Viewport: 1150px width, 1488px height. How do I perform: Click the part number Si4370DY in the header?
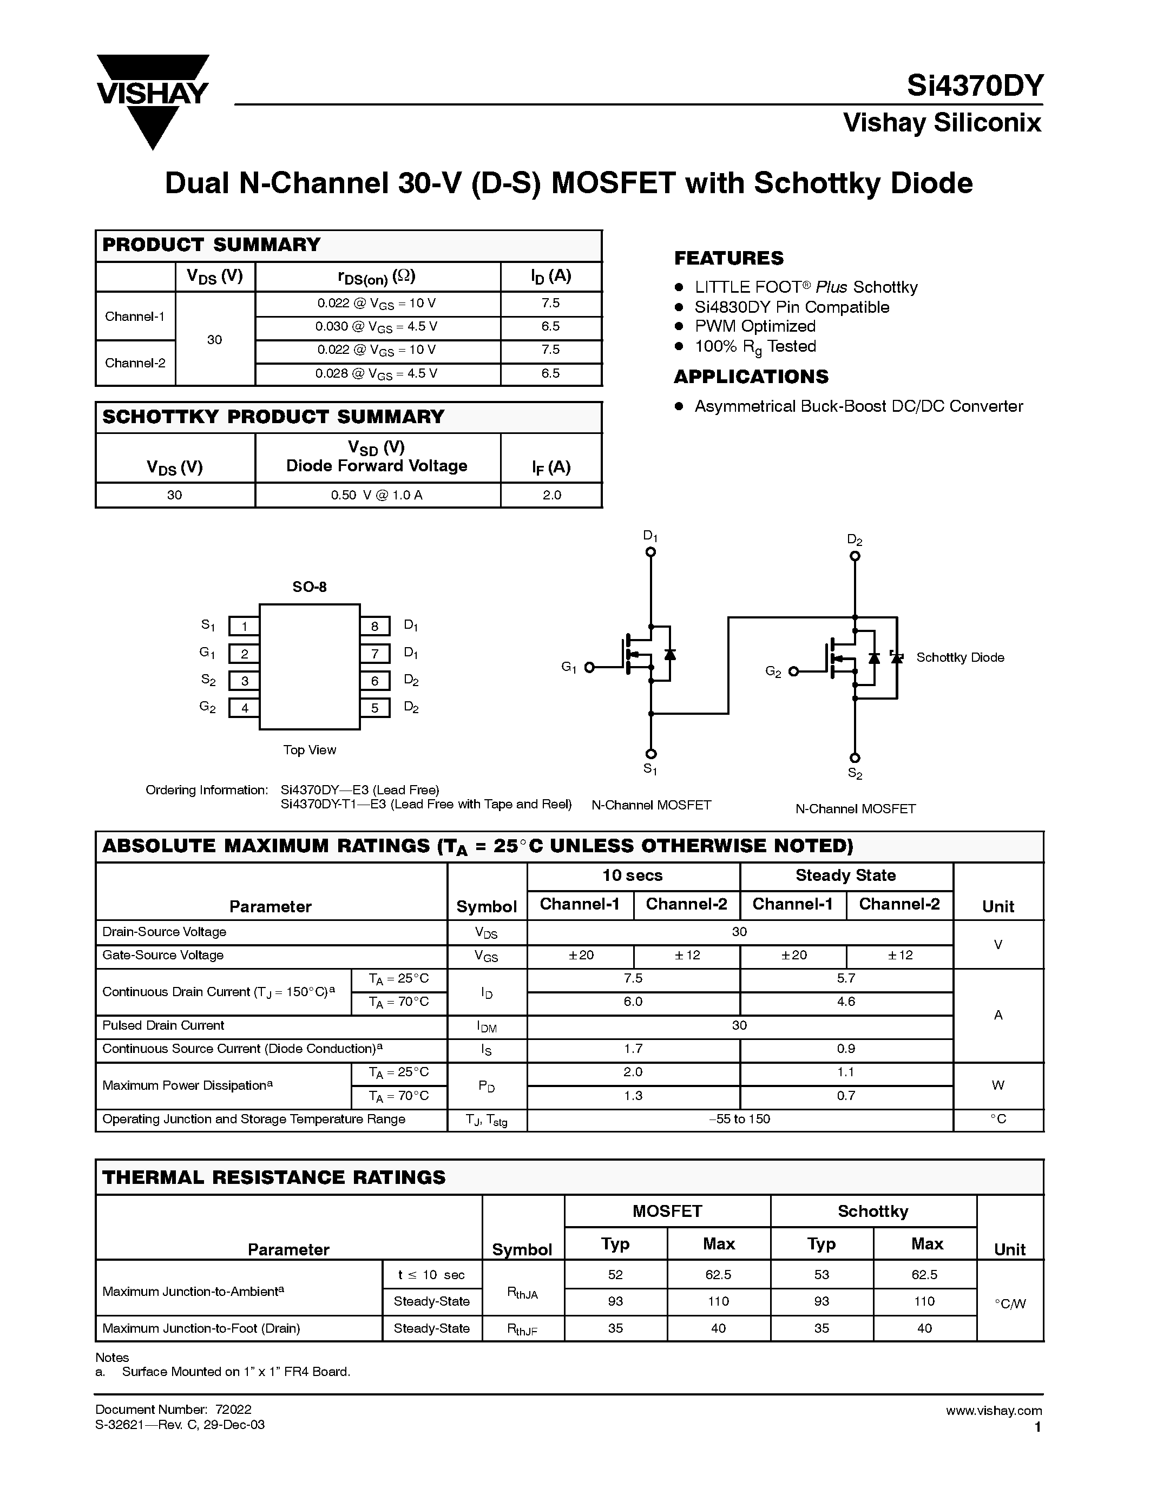[x=974, y=87]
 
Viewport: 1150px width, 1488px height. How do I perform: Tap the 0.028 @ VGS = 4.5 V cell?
[x=377, y=374]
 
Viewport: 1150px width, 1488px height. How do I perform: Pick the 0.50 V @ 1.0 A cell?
[x=377, y=495]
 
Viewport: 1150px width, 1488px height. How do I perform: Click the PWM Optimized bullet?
[x=755, y=326]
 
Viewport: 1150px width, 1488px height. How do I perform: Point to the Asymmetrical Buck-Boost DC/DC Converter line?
[x=858, y=407]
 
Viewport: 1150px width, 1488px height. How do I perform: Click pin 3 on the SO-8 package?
[x=244, y=681]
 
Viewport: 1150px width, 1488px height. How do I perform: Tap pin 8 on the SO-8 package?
[x=374, y=626]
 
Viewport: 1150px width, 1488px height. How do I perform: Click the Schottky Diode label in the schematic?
[x=960, y=657]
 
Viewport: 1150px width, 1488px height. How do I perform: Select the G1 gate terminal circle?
[x=590, y=667]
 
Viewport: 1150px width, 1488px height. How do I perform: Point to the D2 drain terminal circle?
[x=855, y=556]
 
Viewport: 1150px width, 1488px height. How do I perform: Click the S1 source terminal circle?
[x=650, y=754]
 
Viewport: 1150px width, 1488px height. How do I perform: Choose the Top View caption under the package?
[x=310, y=750]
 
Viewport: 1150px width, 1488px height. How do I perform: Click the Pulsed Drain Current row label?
[x=163, y=1025]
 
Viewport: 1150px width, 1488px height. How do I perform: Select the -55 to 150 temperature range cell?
[x=739, y=1120]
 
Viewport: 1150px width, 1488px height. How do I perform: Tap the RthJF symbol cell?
[x=523, y=1328]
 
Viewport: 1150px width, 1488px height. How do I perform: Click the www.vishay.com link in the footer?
[x=993, y=1410]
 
